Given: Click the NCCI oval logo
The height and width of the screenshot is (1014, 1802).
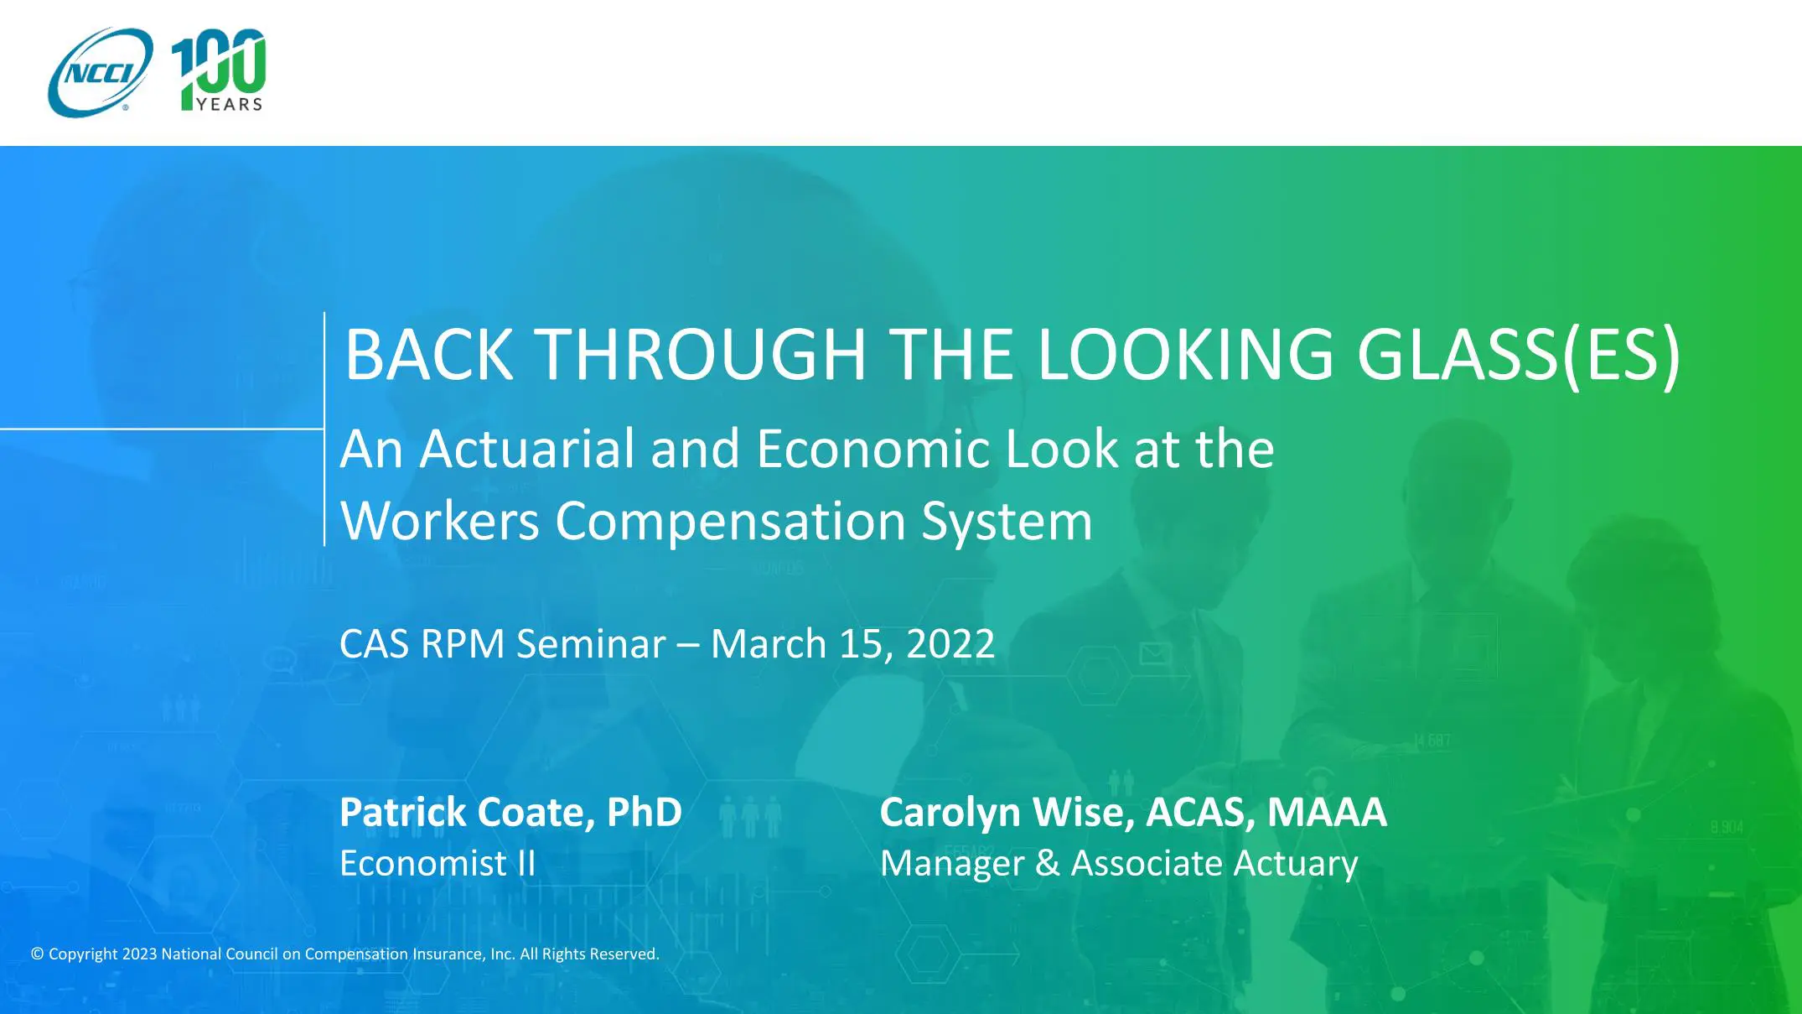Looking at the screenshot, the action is pos(101,72).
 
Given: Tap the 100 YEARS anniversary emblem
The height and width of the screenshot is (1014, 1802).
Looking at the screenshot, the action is pos(219,70).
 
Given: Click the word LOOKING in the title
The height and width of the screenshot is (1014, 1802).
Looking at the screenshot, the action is pos(1185,354).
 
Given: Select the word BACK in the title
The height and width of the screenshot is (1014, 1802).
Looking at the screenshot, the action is pos(429,354).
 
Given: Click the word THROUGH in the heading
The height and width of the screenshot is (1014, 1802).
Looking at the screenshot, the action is pos(700,354).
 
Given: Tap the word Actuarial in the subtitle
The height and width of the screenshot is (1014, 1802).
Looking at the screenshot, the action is pos(527,449).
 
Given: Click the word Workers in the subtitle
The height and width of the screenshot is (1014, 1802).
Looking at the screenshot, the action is pos(440,521).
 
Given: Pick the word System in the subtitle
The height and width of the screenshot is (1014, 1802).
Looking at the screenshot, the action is pos(1007,523).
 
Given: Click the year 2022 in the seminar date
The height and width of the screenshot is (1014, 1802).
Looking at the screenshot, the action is pos(950,644).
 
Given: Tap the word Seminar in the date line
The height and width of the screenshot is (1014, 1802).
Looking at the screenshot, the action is pos(591,644).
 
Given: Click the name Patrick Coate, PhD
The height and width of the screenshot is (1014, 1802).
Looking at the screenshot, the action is pos(511,812).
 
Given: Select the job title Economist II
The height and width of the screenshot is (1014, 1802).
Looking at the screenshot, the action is pos(438,863).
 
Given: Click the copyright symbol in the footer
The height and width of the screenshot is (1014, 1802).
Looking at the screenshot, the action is pos(38,954).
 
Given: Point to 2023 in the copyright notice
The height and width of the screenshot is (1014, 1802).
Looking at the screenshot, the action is pos(139,954).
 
